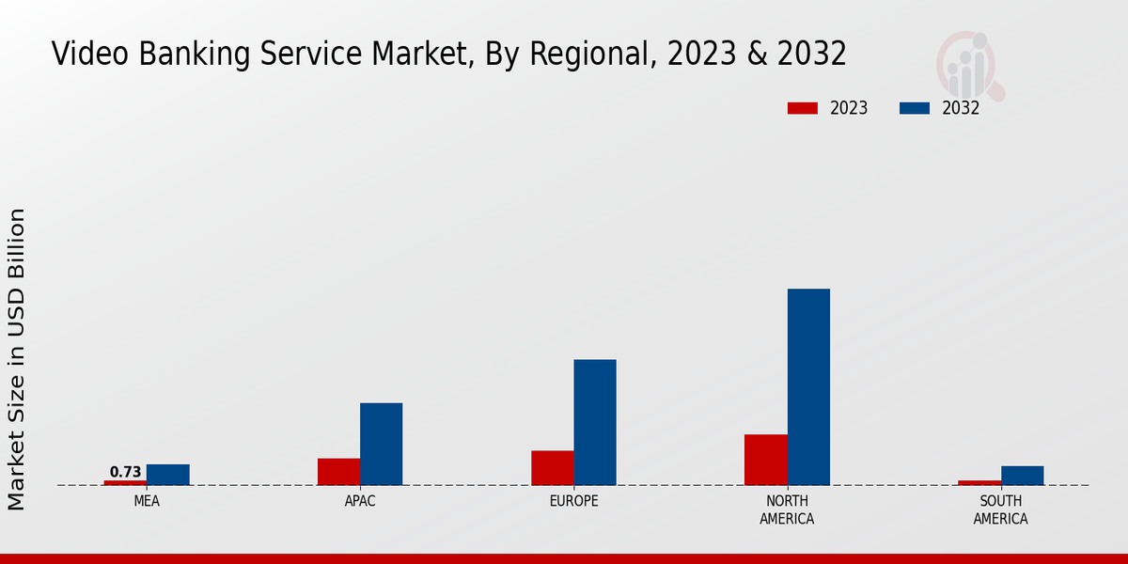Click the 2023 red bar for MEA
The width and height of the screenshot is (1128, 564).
(125, 482)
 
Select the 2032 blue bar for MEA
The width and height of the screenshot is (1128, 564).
(167, 475)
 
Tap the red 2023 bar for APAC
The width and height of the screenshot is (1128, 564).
(338, 472)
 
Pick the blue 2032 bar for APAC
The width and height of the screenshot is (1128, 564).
(381, 444)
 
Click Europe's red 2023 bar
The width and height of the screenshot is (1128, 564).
(552, 468)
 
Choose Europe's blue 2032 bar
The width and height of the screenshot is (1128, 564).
(595, 422)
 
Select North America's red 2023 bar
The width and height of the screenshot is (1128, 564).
(765, 460)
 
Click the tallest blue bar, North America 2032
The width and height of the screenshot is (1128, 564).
(808, 386)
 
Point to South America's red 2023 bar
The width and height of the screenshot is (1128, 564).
(979, 482)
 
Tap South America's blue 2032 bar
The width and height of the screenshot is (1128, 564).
(1022, 476)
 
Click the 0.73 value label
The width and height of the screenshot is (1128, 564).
(125, 472)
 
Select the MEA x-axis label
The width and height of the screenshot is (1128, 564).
(147, 501)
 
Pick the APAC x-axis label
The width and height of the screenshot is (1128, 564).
(360, 501)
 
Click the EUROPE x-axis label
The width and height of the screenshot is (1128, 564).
(573, 501)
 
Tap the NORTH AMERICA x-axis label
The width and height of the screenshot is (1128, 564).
(787, 509)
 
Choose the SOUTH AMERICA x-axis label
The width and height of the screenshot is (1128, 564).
(1000, 509)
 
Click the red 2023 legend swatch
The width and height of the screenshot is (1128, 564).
(802, 108)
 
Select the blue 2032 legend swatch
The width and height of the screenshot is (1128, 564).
(915, 108)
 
